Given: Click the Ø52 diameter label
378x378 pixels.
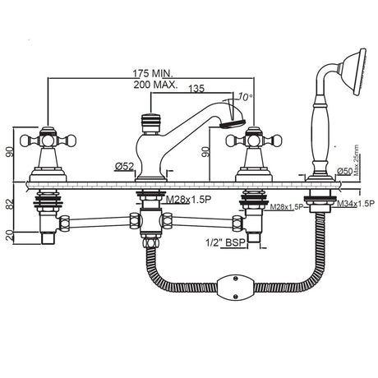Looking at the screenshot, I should click(x=124, y=168).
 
